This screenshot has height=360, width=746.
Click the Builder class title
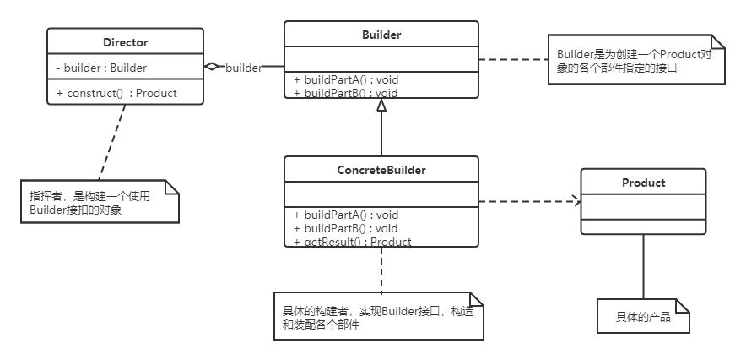click(x=381, y=35)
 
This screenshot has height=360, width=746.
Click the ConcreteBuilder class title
click(x=381, y=170)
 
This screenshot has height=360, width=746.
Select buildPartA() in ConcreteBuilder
click(x=346, y=215)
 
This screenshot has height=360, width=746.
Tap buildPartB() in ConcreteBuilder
click(x=346, y=228)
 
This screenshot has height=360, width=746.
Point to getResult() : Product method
click(x=352, y=242)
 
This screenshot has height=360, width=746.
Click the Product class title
click(x=643, y=183)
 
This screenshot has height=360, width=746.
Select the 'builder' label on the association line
click(x=243, y=67)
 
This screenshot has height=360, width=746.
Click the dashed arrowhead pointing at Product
click(x=577, y=201)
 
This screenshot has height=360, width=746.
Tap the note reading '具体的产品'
click(x=643, y=317)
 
